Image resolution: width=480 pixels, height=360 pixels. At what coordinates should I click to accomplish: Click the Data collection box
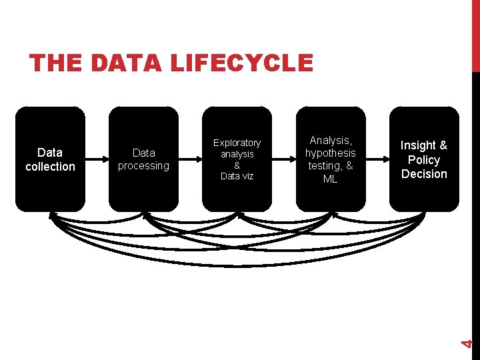click(x=51, y=159)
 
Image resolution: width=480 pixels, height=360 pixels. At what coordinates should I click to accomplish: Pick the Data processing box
click(x=144, y=159)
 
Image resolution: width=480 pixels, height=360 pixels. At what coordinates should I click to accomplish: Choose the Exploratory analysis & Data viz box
click(x=237, y=159)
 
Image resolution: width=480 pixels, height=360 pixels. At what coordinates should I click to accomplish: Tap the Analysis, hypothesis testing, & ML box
click(x=331, y=159)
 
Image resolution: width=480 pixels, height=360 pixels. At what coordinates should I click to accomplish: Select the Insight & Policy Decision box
click(x=424, y=159)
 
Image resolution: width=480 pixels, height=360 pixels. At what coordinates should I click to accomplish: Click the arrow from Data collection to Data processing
click(x=97, y=160)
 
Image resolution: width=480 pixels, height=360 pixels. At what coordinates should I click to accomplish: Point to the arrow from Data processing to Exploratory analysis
click(x=191, y=160)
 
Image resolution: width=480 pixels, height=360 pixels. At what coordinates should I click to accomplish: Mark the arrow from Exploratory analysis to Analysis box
click(x=284, y=160)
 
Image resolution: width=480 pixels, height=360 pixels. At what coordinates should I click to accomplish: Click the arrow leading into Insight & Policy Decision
click(x=377, y=160)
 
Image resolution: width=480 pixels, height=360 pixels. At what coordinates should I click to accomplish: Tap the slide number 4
click(x=468, y=343)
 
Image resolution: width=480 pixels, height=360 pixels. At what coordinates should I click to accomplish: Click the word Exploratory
click(x=237, y=143)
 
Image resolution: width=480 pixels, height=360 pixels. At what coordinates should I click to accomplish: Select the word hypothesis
click(x=331, y=153)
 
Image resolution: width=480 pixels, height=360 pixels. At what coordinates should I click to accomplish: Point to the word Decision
click(x=424, y=174)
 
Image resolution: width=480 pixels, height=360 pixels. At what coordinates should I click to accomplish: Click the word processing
click(x=144, y=165)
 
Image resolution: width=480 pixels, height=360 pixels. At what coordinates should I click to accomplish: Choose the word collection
click(x=51, y=167)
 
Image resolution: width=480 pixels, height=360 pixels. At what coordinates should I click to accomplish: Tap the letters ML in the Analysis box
click(x=331, y=179)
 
